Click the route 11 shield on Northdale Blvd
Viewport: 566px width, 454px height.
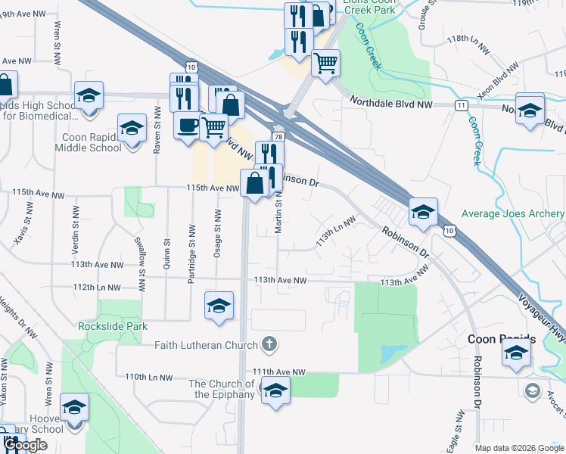point(461,105)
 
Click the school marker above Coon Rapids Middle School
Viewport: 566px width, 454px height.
point(132,128)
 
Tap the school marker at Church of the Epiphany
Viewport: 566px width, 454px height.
point(275,390)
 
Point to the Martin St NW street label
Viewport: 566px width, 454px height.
point(279,211)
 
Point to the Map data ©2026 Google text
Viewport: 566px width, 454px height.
point(518,448)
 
